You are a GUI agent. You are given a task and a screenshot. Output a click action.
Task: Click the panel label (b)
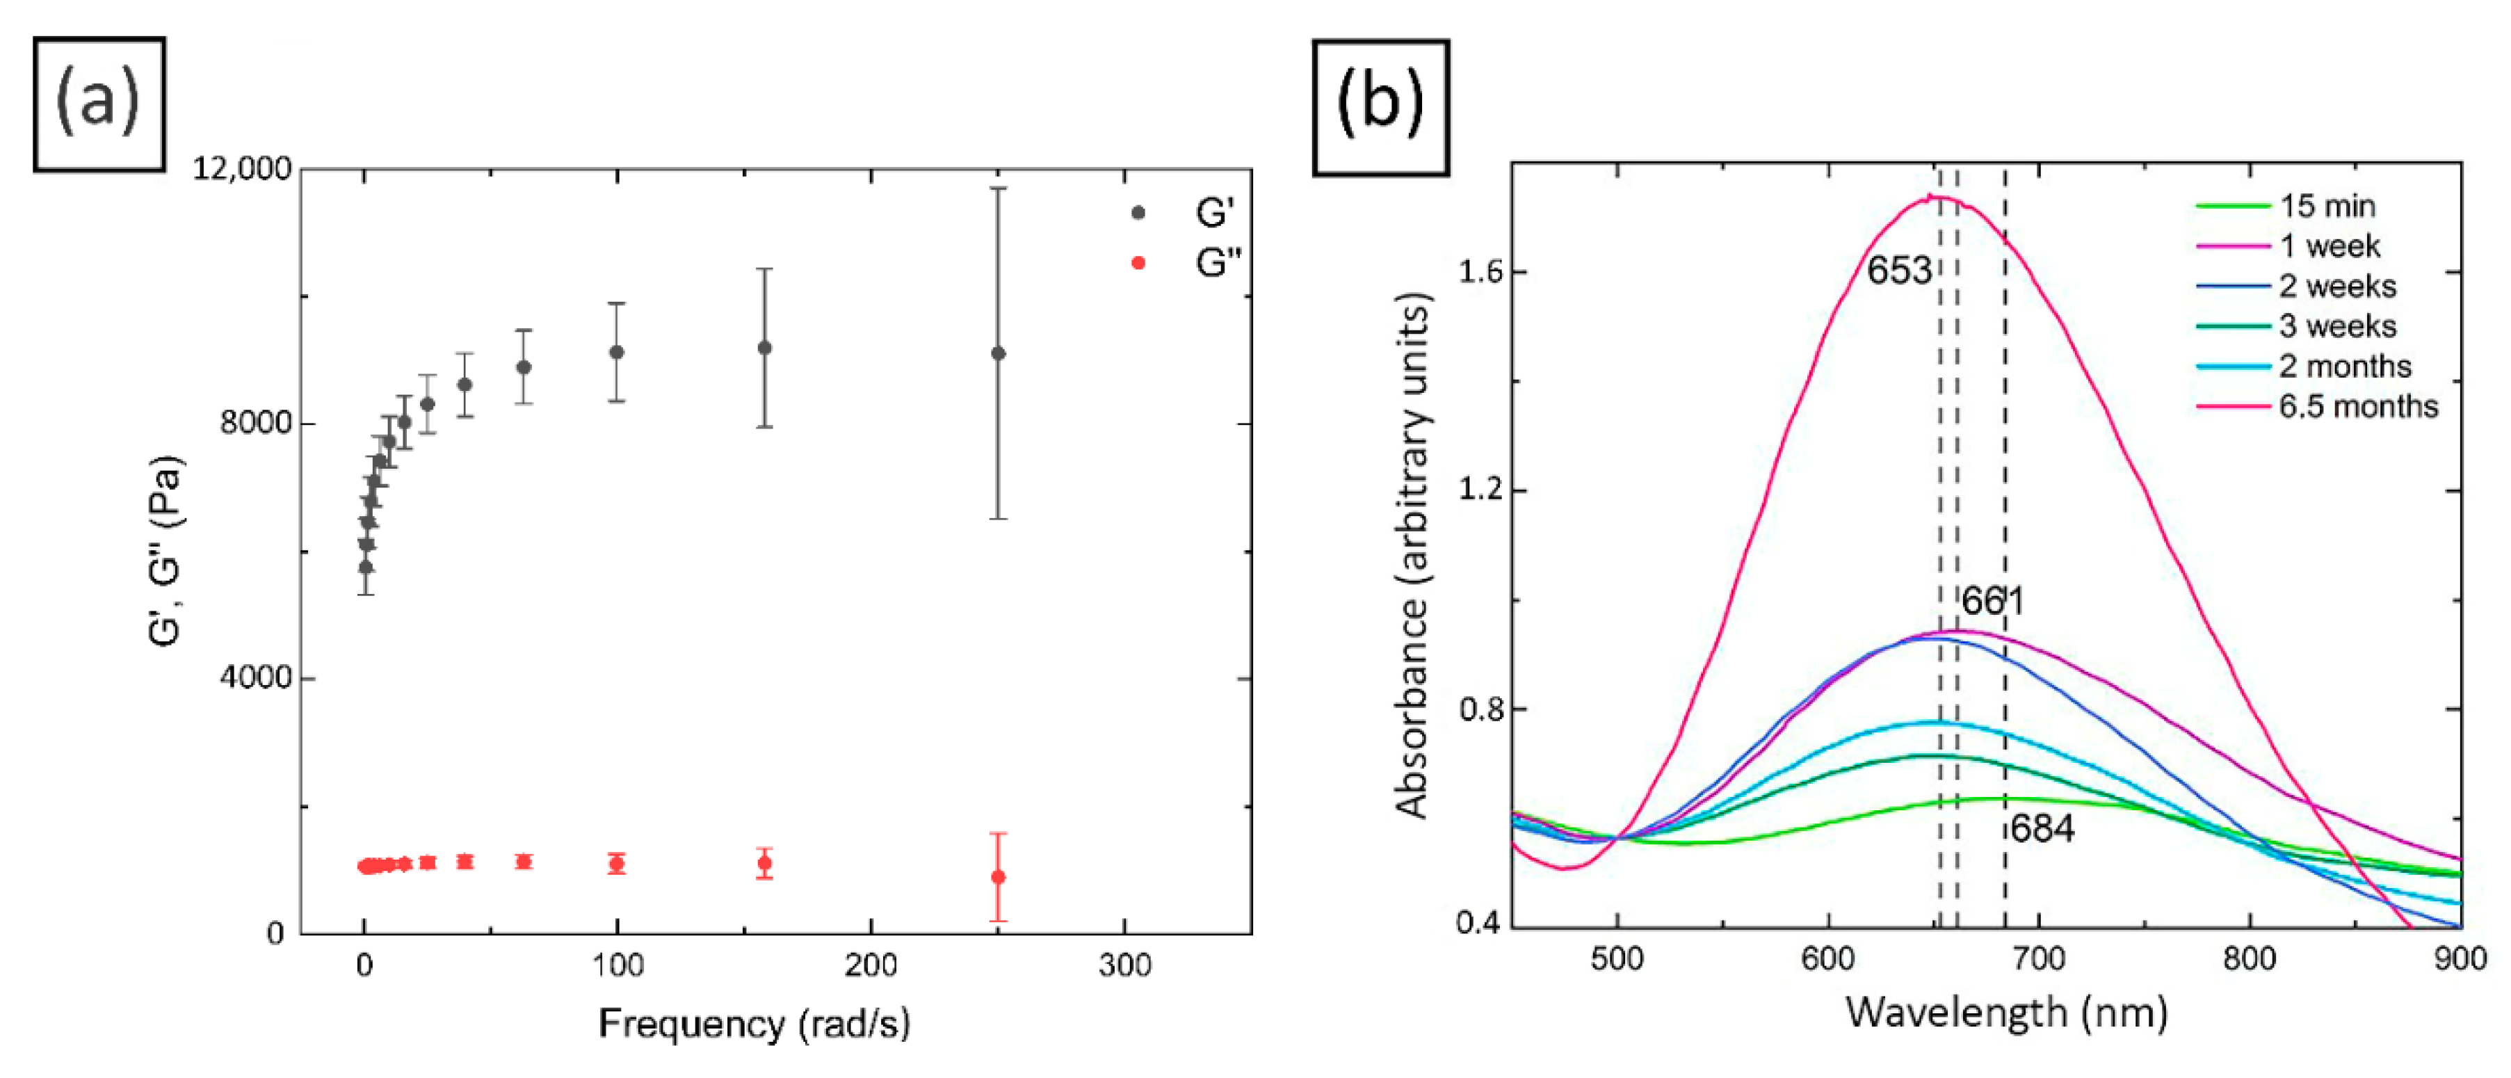1380,106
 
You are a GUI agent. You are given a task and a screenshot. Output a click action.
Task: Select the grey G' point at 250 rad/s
998,353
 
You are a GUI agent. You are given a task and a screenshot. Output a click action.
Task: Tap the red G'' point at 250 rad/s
998,877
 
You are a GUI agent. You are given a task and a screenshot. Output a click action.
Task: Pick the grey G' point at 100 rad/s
616,352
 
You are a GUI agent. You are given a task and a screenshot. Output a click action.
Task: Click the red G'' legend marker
1138,263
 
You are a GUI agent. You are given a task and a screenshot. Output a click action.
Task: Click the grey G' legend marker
1138,213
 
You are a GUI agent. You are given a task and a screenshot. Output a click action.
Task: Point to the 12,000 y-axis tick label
241,168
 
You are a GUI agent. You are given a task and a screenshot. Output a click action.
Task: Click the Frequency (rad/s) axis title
754,1024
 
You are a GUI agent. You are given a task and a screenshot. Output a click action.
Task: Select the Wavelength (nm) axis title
2006,1013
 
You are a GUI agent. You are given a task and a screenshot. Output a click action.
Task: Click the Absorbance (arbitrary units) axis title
1412,556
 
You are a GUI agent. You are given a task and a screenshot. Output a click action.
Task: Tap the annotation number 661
1992,602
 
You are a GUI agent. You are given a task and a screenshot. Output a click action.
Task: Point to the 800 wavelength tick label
2249,959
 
